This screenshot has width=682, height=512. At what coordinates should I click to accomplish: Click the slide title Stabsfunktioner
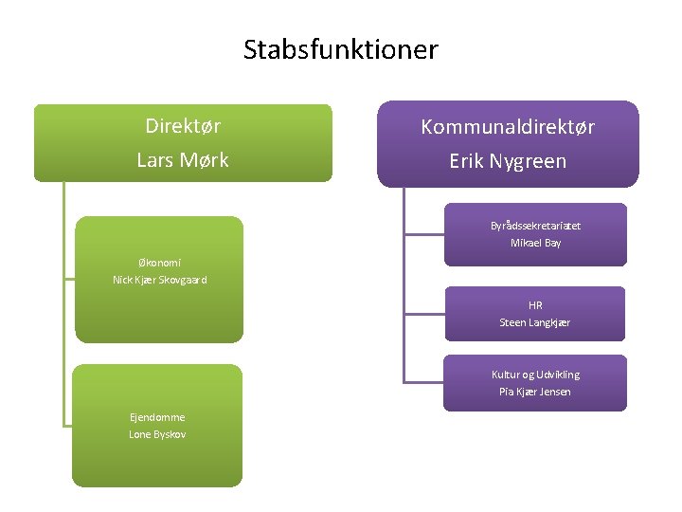point(341,49)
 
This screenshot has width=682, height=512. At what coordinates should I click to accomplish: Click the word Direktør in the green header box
point(183,125)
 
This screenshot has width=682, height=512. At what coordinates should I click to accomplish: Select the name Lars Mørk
point(183,160)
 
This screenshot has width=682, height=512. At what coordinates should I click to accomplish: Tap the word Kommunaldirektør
point(508,127)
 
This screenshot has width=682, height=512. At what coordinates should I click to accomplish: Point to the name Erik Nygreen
point(508,161)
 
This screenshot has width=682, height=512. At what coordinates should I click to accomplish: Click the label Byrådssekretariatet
point(535,226)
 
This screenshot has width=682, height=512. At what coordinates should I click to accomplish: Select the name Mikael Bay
point(535,243)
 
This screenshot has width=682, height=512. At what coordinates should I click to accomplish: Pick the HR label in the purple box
point(535,305)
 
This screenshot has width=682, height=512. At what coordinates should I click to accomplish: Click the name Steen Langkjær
point(535,322)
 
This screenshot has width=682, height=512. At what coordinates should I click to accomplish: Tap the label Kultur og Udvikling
point(535,375)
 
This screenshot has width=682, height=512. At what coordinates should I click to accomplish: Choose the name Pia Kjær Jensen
point(535,392)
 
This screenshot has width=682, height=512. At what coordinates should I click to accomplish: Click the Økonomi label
point(159,263)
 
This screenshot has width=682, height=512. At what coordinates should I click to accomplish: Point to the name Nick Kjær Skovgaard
point(159,280)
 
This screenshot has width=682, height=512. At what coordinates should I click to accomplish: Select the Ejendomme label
point(157,417)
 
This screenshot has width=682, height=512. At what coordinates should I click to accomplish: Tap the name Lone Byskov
point(157,434)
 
